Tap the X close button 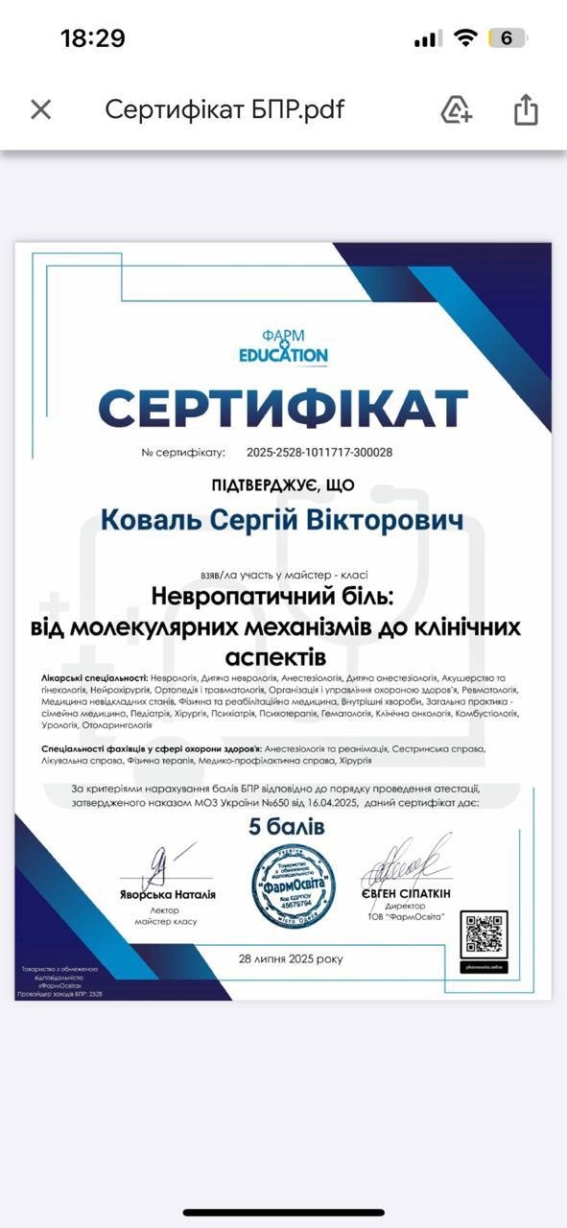pyautogui.click(x=40, y=109)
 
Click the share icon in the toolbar pyautogui.click(x=526, y=109)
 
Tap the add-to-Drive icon pyautogui.click(x=456, y=109)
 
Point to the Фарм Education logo pyautogui.click(x=283, y=346)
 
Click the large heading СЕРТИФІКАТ pyautogui.click(x=283, y=409)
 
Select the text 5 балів pyautogui.click(x=287, y=827)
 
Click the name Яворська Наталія pyautogui.click(x=168, y=894)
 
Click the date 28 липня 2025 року pyautogui.click(x=291, y=958)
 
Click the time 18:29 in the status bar pyautogui.click(x=93, y=38)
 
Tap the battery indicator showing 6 pyautogui.click(x=507, y=38)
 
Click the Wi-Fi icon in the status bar pyautogui.click(x=466, y=38)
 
